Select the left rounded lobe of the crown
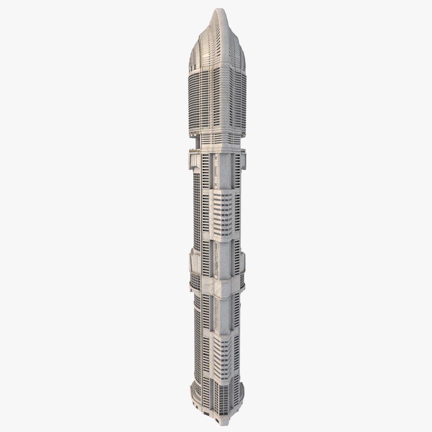point(195,56)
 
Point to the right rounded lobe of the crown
point(242,58)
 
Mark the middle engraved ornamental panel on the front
point(216,260)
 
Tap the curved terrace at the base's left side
point(196,392)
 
